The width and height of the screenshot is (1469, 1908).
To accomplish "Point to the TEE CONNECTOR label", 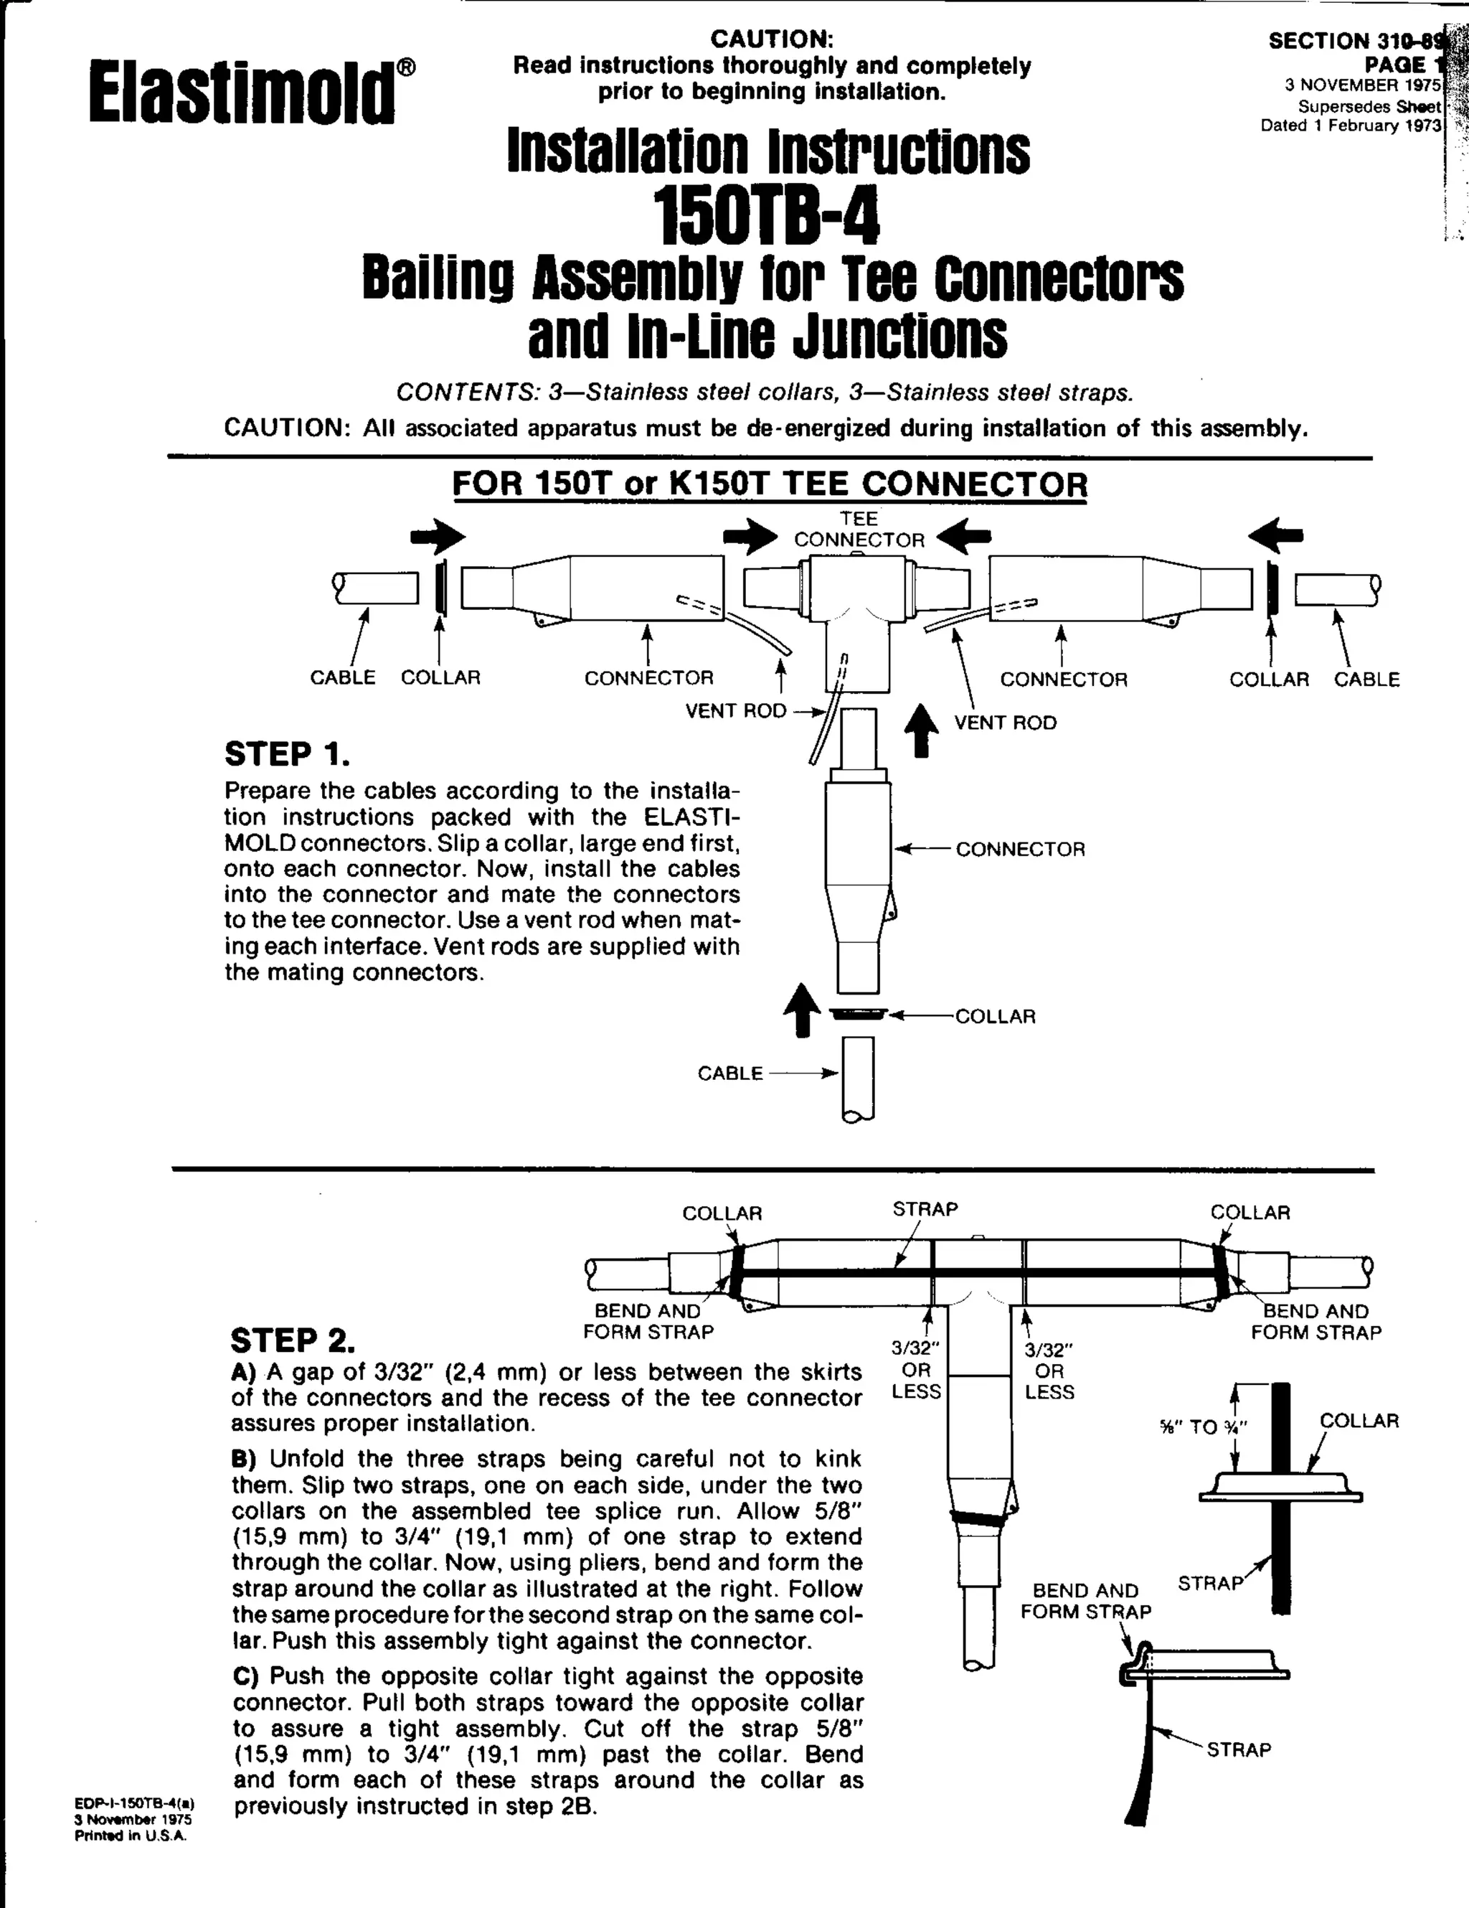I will point(859,530).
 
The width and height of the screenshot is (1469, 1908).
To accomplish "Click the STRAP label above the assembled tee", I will point(925,1209).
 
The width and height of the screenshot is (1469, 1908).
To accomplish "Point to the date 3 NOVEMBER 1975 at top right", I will point(1362,85).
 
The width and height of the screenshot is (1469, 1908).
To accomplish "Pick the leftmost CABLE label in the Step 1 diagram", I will point(342,678).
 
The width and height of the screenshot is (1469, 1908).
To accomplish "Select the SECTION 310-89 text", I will point(1356,41).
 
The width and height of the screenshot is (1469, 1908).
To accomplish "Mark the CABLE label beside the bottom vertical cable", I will point(730,1073).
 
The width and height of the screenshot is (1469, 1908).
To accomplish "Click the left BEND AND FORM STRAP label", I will point(648,1322).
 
